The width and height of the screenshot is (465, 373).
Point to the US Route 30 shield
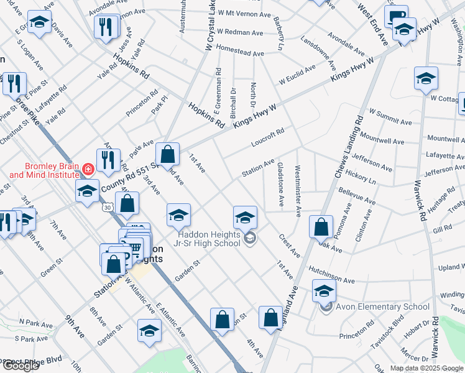[x=108, y=206]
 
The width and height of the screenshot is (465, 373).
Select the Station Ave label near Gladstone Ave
[x=258, y=168]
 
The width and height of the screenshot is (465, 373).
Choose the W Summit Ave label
[x=390, y=117]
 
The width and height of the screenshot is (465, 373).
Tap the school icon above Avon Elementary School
[x=324, y=290]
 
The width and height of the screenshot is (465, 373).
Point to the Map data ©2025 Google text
[x=426, y=368]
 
